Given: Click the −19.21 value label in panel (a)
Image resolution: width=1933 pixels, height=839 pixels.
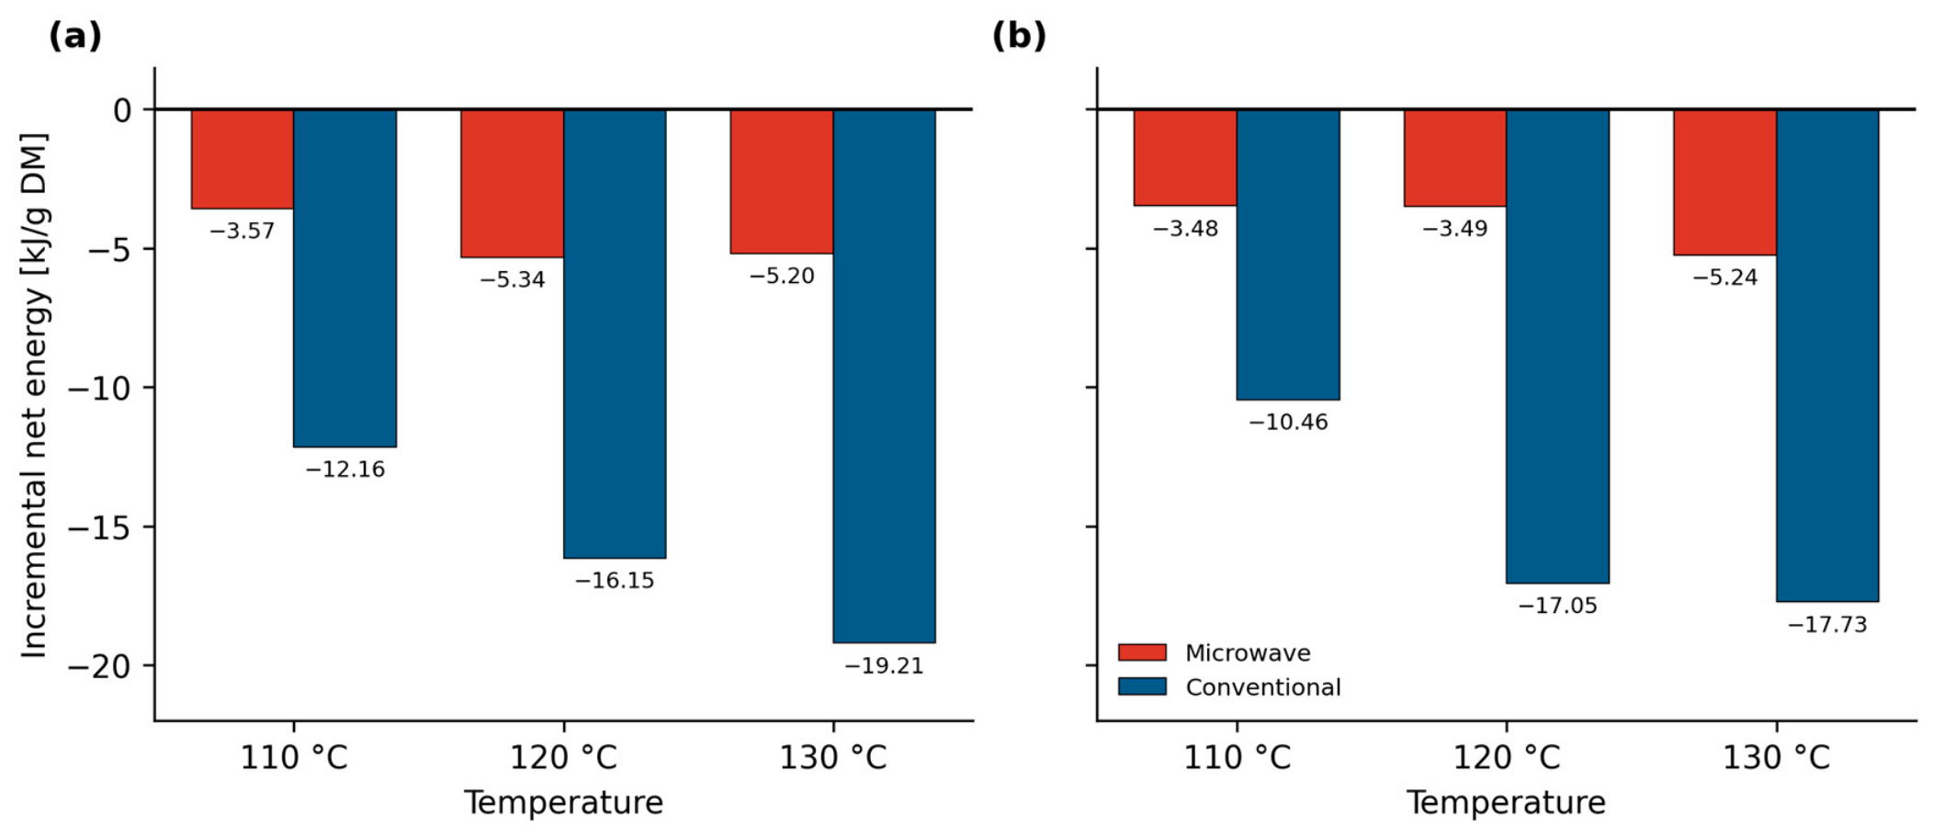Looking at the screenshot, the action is [884, 665].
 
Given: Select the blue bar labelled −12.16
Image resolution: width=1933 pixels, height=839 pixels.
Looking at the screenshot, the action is [345, 278].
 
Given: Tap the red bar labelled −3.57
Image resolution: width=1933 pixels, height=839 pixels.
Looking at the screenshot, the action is [243, 159].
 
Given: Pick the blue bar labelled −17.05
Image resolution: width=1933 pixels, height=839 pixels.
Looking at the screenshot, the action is [1557, 346].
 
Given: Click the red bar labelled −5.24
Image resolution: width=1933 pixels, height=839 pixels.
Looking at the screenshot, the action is [1724, 182].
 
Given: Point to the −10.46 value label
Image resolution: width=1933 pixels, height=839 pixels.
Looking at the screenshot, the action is [1288, 422].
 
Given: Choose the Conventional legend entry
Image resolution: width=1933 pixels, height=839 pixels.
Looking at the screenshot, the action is [1229, 686].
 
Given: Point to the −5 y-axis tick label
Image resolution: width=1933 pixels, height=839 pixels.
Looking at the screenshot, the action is [108, 249].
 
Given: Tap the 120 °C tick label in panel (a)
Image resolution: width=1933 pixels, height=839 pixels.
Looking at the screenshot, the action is [563, 758].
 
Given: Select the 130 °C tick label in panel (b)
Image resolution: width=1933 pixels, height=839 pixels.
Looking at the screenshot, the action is [1776, 758].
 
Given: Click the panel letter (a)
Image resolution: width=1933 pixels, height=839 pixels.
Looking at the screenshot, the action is [75, 36].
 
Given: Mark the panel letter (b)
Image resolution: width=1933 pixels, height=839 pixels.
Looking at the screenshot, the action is [1019, 36].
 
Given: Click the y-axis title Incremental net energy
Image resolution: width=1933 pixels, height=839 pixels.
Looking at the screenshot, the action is [34, 395].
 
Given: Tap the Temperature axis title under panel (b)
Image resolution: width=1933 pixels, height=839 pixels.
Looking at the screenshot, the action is [1506, 802].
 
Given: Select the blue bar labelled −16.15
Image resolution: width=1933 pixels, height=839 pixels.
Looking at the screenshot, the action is [615, 334].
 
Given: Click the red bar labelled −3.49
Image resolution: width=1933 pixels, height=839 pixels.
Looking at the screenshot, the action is [1455, 158].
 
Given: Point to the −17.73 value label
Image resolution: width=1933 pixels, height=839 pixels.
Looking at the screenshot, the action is [1827, 625].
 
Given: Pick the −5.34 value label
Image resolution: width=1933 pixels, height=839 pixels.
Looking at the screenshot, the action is [513, 279].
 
